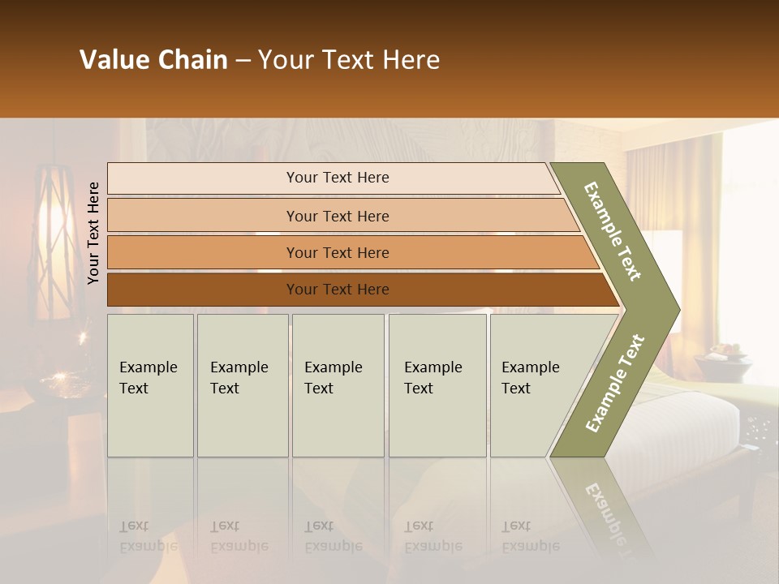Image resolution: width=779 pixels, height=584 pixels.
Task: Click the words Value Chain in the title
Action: point(153,60)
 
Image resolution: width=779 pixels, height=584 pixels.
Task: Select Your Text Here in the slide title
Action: point(349,60)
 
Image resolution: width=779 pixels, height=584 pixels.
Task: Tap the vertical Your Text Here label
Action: point(93,233)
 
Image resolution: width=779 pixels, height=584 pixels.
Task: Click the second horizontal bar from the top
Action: point(337,216)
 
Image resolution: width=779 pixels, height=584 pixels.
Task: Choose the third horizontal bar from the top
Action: point(337,253)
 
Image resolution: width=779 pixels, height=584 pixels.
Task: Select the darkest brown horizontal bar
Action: point(337,290)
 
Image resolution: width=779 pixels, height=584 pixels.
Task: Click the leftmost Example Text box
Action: point(150,385)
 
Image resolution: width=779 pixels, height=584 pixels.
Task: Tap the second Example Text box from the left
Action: point(242,385)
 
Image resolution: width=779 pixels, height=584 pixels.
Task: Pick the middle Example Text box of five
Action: point(338,385)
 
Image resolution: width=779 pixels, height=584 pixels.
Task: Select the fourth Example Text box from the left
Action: point(437,385)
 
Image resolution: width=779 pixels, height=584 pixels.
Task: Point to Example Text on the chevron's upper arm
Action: point(613,231)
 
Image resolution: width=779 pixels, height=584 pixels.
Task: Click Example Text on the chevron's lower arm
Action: point(615,384)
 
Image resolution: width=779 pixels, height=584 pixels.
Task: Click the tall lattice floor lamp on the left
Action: point(54,243)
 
